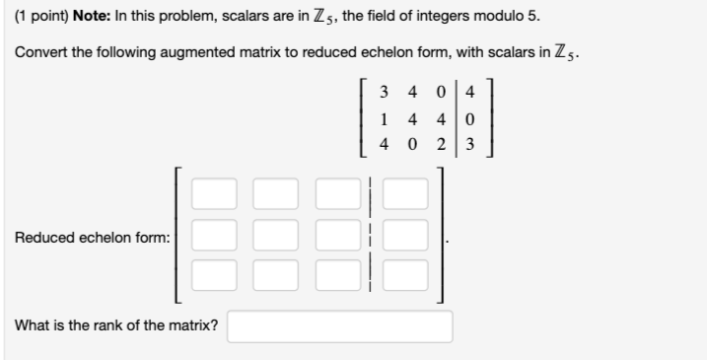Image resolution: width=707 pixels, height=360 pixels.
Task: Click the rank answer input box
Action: [339, 326]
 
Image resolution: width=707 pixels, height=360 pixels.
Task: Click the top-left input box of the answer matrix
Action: [214, 193]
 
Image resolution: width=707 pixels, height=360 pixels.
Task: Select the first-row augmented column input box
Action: [404, 193]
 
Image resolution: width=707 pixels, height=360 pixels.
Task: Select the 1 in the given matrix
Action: [384, 119]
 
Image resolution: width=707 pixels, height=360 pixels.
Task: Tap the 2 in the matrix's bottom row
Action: [441, 144]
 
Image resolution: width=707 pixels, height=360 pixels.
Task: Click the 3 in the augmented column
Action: [470, 144]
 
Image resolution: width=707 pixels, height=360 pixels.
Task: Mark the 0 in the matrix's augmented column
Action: [470, 119]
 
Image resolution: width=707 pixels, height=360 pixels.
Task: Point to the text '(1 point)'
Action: [40, 19]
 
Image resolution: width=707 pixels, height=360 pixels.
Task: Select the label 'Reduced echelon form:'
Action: [92, 237]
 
